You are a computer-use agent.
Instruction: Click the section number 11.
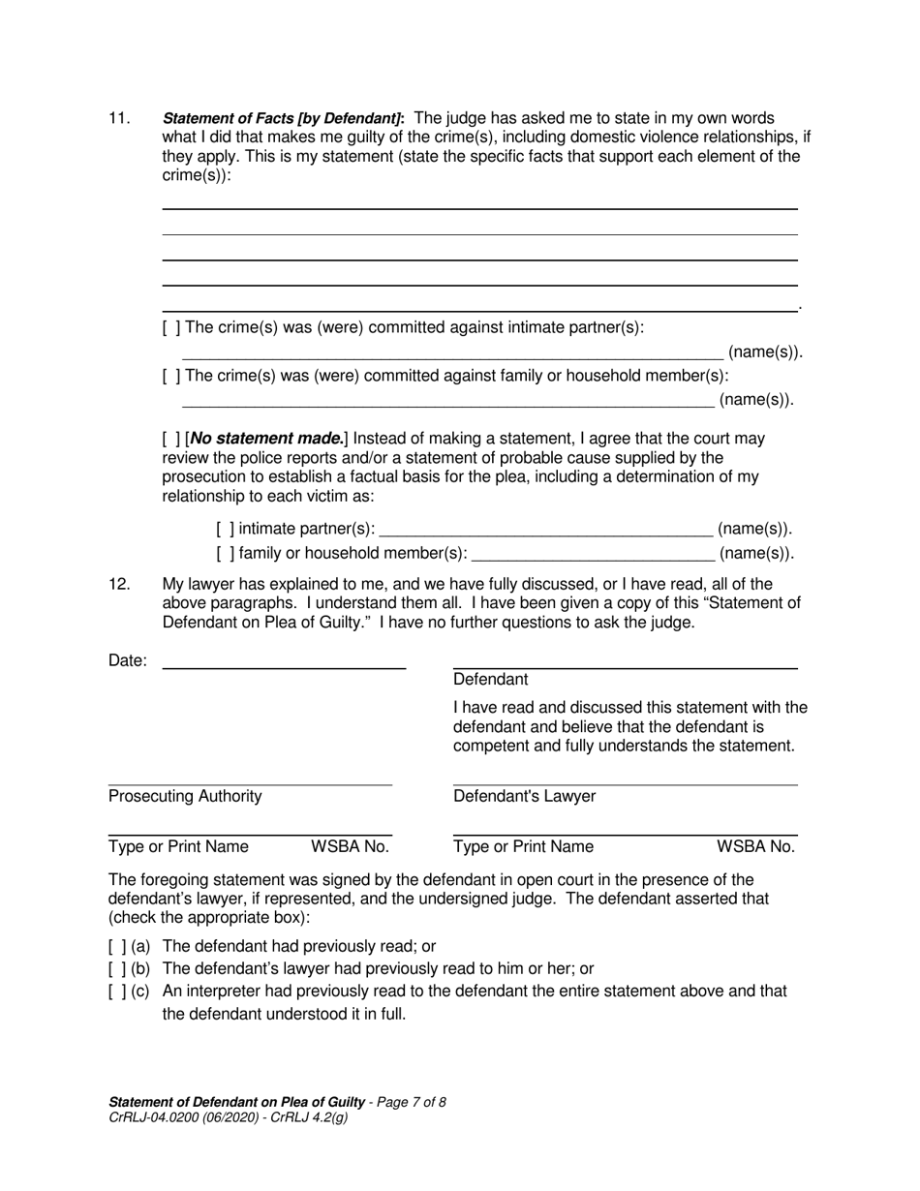[118, 118]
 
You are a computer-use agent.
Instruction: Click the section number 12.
[118, 584]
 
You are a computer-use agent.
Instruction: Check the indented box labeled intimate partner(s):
[225, 529]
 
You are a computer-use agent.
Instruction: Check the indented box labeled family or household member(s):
[225, 554]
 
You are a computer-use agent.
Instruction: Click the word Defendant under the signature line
[491, 680]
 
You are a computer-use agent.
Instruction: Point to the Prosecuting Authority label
[185, 797]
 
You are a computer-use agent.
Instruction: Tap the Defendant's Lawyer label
[525, 797]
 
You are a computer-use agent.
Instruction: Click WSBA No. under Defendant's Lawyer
[755, 847]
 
